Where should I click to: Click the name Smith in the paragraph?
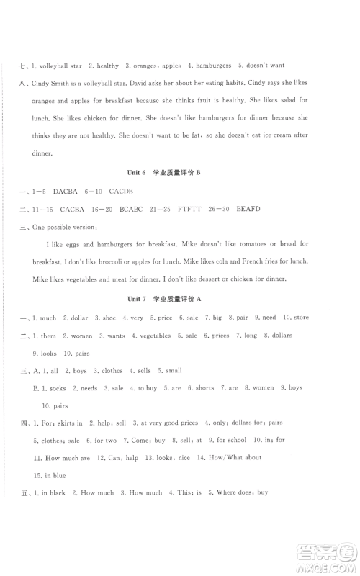pos(64,83)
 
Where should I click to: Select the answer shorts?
pos(204,388)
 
